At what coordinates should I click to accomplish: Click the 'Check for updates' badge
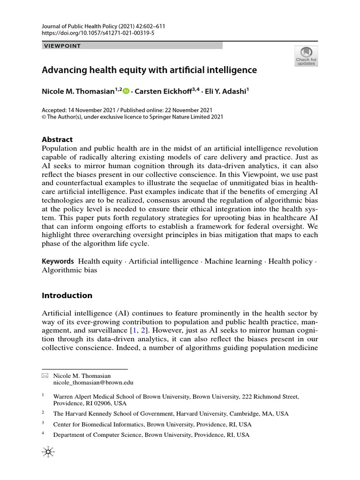click(x=306, y=56)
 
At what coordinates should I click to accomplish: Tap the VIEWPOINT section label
click(x=62, y=46)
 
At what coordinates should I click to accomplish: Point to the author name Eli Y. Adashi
click(x=227, y=90)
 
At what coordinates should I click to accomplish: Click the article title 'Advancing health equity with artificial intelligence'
click(x=150, y=70)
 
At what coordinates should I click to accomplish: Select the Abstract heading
click(x=57, y=139)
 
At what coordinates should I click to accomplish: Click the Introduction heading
click(x=67, y=295)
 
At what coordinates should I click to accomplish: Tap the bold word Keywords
click(x=58, y=261)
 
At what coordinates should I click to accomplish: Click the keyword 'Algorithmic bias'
click(x=69, y=270)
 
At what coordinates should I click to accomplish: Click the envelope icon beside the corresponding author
click(x=45, y=376)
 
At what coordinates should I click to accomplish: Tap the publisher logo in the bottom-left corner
click(x=47, y=452)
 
